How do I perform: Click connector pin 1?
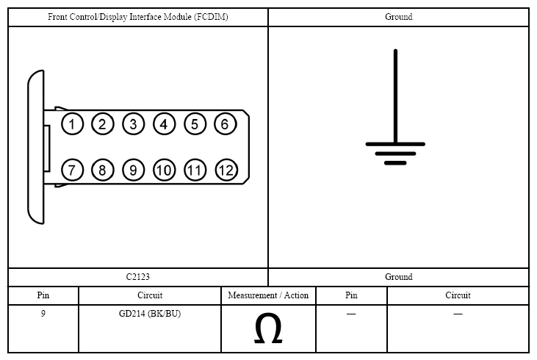(x=72, y=123)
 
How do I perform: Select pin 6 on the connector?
(x=226, y=123)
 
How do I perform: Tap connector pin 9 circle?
(x=133, y=170)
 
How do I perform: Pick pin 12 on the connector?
(x=226, y=170)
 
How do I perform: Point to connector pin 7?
(x=72, y=170)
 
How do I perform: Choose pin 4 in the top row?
(x=164, y=123)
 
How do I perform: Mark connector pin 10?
(x=164, y=170)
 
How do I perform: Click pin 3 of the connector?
(x=133, y=123)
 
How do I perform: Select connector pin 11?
(x=195, y=170)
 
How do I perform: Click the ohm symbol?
(x=268, y=328)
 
